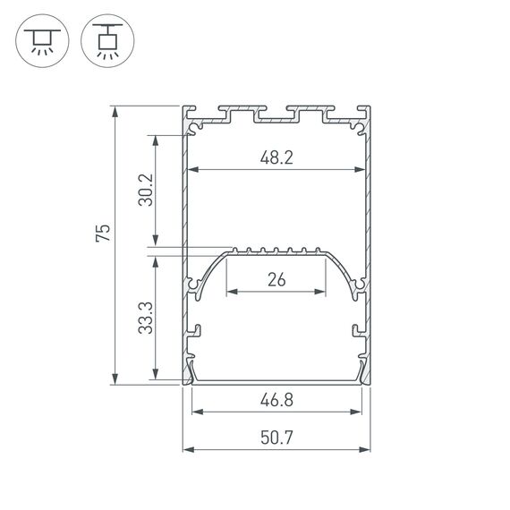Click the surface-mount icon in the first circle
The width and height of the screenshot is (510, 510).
coord(41,40)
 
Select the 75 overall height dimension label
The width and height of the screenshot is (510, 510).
coord(104,234)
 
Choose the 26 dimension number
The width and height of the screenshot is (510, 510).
coord(276,280)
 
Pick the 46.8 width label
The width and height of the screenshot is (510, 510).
coord(277,402)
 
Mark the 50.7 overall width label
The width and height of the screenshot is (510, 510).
coord(277,439)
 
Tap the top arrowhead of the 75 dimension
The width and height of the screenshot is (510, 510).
coord(115,110)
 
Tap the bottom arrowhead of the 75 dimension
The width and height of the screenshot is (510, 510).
coord(115,379)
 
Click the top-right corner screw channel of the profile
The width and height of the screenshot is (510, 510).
coord(361,130)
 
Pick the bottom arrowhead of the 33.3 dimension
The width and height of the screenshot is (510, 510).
coord(157,379)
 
